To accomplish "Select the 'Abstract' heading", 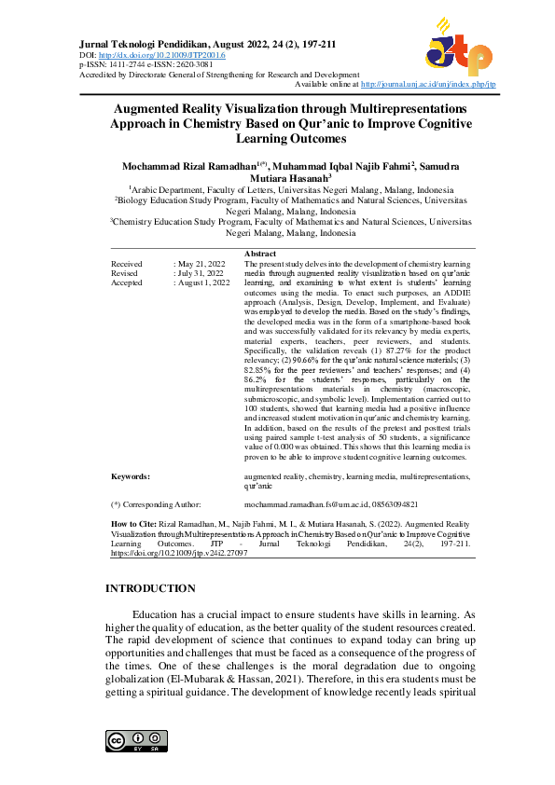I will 259,254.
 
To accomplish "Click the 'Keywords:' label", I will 131,475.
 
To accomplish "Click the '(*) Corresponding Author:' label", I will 156,503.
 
